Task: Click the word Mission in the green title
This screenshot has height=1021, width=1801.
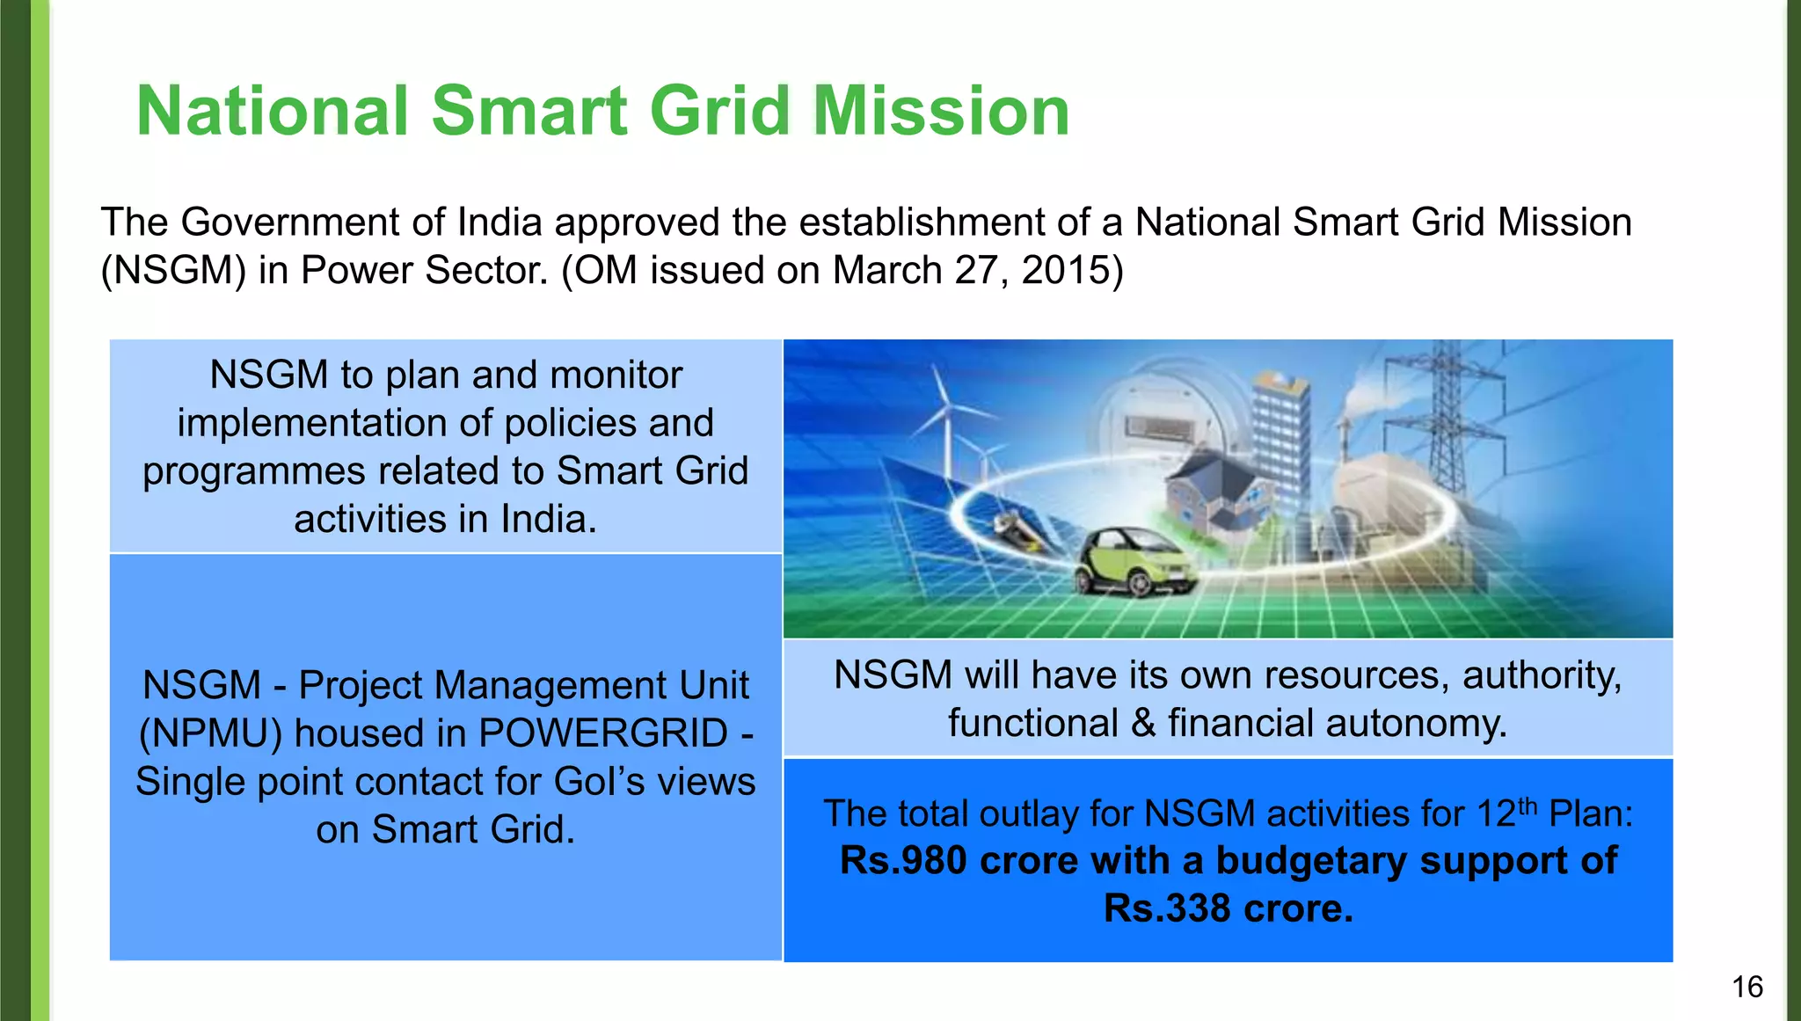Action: [941, 112]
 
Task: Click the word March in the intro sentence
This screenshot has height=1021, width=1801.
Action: [887, 270]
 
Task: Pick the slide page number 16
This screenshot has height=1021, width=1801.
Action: [1747, 987]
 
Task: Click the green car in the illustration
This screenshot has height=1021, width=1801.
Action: [1133, 563]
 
